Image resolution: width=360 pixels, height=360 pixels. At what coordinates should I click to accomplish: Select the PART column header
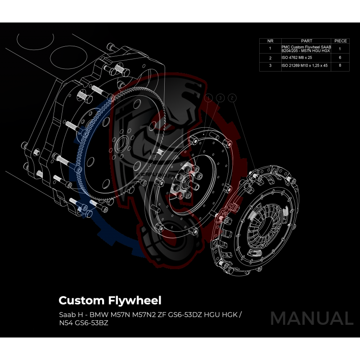click(x=307, y=40)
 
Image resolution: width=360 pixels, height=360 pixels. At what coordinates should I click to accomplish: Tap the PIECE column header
click(x=341, y=40)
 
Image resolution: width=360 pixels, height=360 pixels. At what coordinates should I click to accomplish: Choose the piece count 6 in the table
click(x=341, y=58)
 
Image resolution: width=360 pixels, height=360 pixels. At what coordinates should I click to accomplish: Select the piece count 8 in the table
click(x=341, y=66)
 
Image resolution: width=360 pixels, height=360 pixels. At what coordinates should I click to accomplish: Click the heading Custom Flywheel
click(x=109, y=300)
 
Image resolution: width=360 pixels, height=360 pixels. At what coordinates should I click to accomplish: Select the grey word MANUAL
click(x=311, y=318)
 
